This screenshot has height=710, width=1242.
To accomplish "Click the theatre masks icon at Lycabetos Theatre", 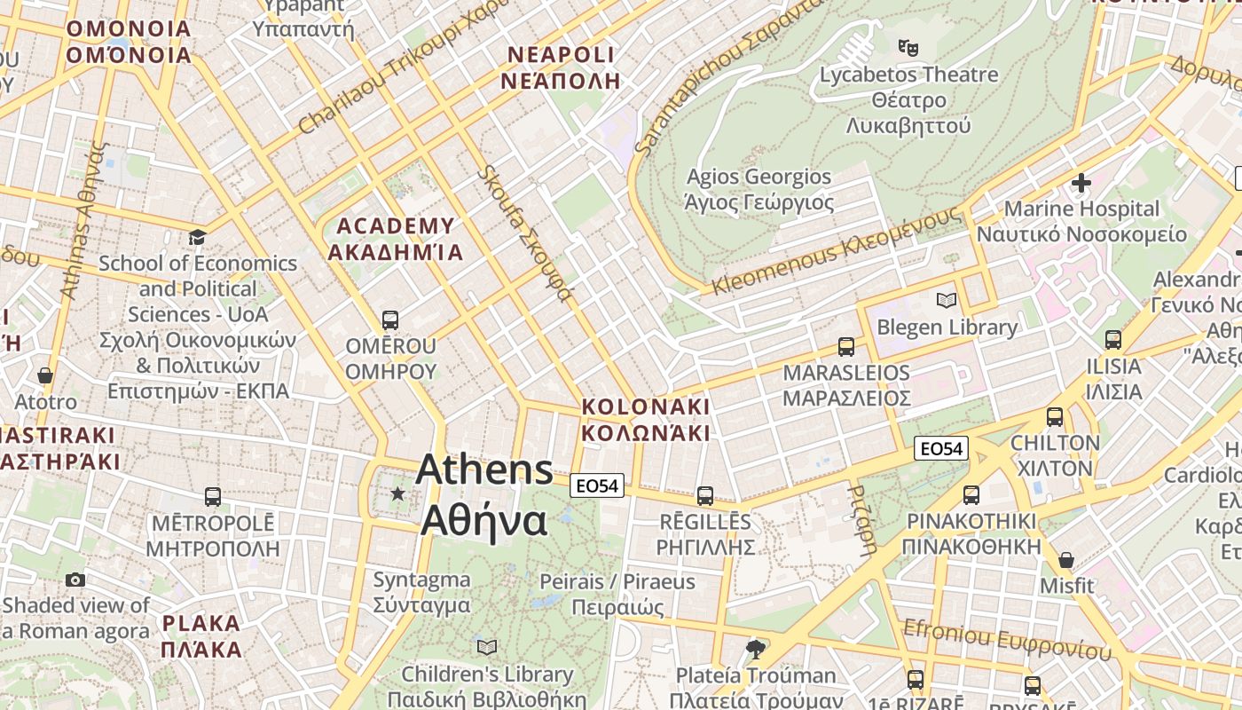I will tap(908, 46).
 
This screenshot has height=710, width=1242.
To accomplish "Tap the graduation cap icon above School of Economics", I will tap(197, 237).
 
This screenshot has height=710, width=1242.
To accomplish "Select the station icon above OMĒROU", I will tap(389, 320).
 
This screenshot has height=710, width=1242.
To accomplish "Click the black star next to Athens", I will tap(398, 493).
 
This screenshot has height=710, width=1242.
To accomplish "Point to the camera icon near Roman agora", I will tap(75, 580).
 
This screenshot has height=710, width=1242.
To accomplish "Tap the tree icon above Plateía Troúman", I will tap(756, 650).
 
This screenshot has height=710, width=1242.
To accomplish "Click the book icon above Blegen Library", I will tap(947, 301).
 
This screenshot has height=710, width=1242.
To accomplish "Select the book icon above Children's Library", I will tap(487, 647).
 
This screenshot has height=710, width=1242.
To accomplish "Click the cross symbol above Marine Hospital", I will tap(1081, 184).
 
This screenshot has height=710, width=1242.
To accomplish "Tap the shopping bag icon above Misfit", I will tap(1066, 560).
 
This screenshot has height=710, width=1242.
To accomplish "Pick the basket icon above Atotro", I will tap(45, 376).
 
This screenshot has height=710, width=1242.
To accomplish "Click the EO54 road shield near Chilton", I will tap(941, 449).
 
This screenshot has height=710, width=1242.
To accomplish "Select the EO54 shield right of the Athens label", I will tap(597, 485).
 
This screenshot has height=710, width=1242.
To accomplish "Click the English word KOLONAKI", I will tap(646, 406).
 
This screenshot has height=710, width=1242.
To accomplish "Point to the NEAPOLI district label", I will tap(561, 55).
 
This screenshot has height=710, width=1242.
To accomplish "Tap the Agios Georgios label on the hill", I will tap(759, 177).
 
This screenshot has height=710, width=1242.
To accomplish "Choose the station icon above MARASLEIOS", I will tap(846, 347).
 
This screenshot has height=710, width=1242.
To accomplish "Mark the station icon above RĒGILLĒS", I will tap(705, 496).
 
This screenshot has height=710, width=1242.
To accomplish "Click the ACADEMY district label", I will tap(396, 226).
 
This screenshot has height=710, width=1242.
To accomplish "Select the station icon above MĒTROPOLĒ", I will tap(213, 497).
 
